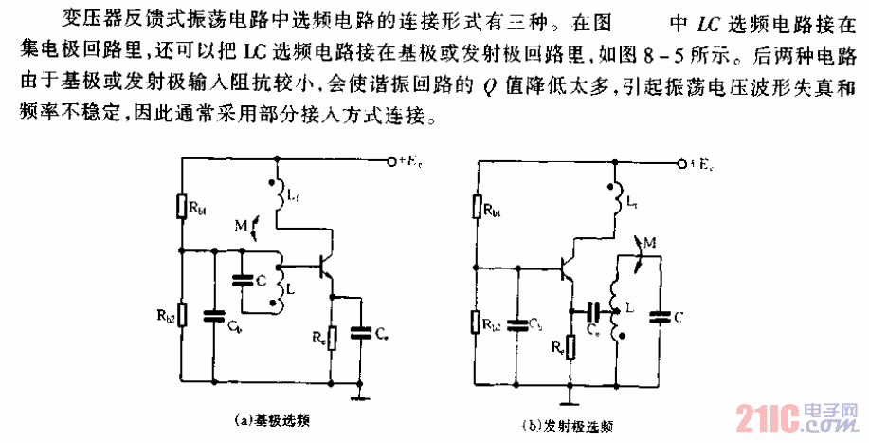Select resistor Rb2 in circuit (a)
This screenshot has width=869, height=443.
(x=180, y=314)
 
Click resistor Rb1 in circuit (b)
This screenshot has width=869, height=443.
(x=477, y=208)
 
